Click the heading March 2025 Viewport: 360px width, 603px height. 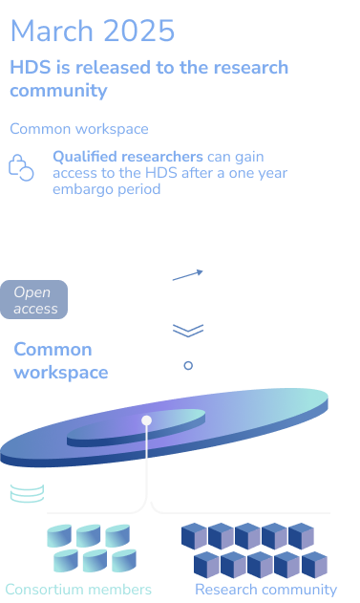(x=93, y=32)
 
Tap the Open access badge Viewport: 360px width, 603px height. (x=36, y=300)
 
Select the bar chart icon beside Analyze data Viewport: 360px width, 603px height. (x=187, y=283)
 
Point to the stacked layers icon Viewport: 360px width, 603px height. (x=187, y=325)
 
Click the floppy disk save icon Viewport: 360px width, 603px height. (x=187, y=365)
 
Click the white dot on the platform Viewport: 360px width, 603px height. (x=147, y=420)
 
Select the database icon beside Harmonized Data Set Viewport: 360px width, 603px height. (x=27, y=490)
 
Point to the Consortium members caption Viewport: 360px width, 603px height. (x=78, y=590)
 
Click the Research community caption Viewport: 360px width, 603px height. (x=265, y=590)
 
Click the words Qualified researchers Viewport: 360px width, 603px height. (x=127, y=156)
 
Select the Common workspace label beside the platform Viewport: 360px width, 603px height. (x=61, y=360)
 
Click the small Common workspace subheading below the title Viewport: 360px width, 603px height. (x=78, y=129)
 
